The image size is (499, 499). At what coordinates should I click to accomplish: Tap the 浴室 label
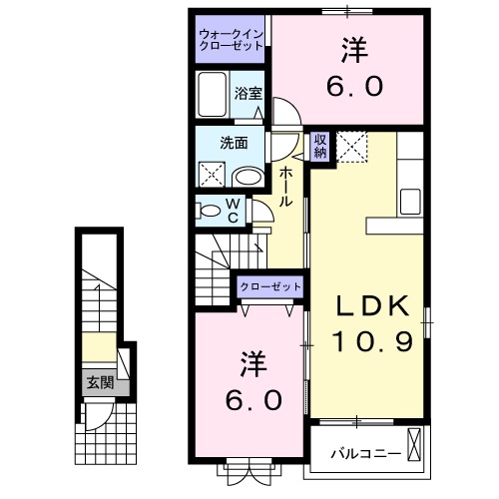tap(249, 95)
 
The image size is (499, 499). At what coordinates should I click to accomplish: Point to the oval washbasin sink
tap(248, 178)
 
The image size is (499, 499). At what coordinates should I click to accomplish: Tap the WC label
tap(231, 210)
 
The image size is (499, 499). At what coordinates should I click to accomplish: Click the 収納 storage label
tap(320, 146)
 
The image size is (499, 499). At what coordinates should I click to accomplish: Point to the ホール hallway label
tap(285, 187)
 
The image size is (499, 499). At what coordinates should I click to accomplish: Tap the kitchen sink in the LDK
tap(411, 200)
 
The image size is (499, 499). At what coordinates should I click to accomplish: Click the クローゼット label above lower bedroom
tap(269, 287)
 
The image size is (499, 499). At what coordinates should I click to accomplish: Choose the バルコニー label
tap(366, 454)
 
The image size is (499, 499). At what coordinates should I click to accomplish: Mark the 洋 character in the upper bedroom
tap(352, 47)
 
